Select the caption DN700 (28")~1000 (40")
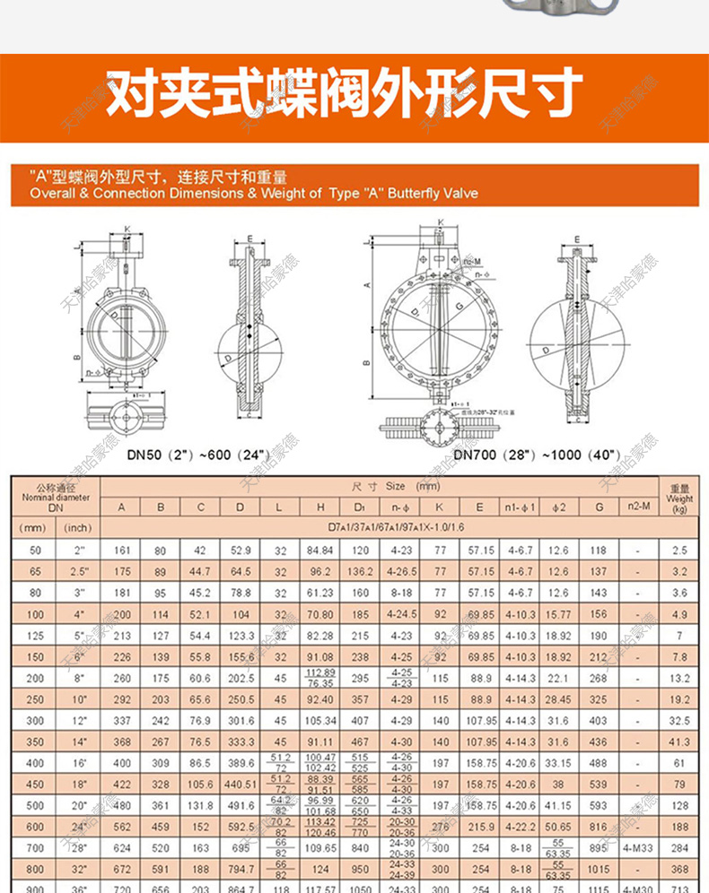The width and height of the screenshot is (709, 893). click(538, 455)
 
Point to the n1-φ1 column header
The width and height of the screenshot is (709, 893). click(520, 507)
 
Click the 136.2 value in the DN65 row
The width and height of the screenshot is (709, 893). click(360, 571)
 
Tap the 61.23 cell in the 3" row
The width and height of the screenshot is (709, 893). click(320, 593)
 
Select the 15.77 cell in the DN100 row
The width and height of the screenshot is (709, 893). click(558, 615)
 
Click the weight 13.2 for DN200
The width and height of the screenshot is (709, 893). click(680, 679)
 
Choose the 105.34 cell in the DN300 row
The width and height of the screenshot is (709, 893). click(320, 722)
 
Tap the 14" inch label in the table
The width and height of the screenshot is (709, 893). click(79, 743)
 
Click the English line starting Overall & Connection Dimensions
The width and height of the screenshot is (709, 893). click(254, 194)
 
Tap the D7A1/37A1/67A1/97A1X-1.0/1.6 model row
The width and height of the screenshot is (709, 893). click(379, 528)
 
